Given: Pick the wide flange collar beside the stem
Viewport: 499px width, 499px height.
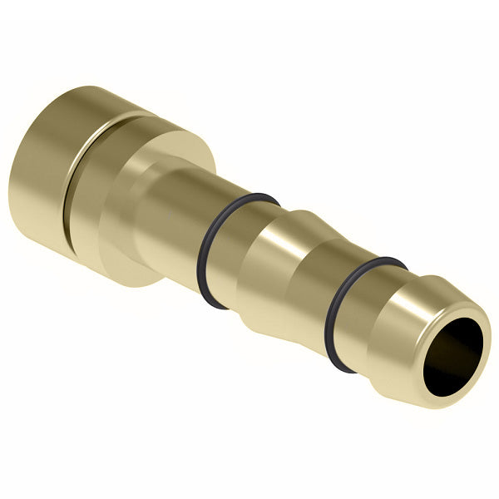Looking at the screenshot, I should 125,200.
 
